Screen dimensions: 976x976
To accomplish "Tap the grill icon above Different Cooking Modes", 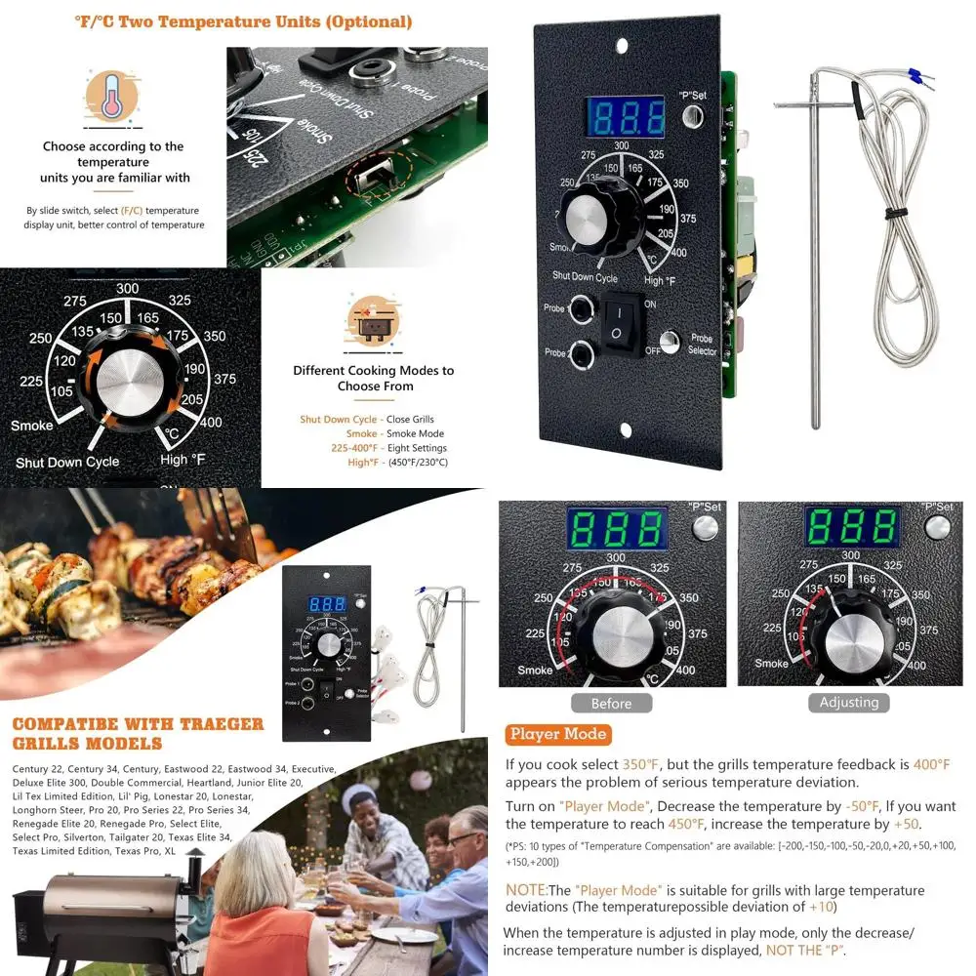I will pos(373,321).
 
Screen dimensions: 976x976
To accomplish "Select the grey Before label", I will pos(611,703).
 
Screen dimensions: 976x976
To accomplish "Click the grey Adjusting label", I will pos(849,702).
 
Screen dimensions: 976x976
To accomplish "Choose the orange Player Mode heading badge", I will pos(557,734).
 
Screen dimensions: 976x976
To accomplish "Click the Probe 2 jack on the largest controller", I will pos(581,353).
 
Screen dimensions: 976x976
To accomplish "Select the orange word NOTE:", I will pos(525,890).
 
